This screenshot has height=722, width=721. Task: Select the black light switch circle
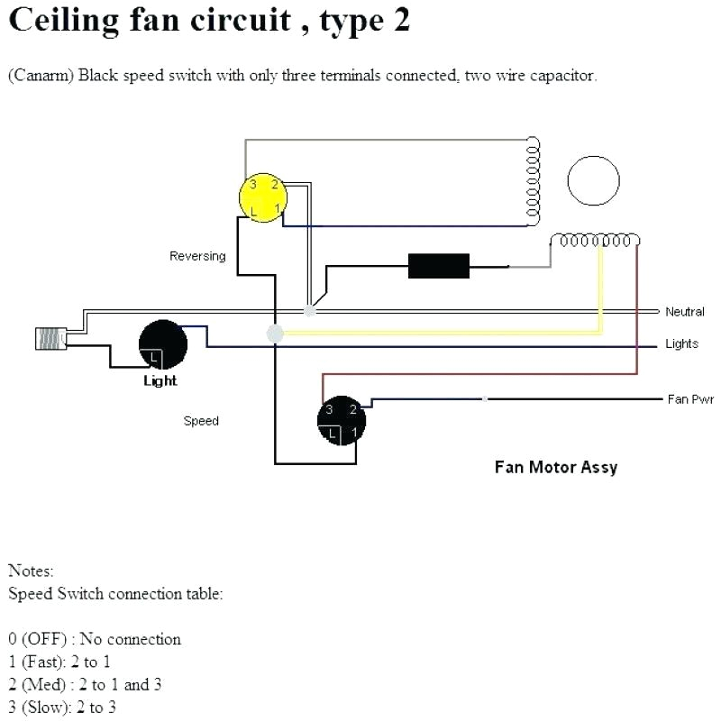163,344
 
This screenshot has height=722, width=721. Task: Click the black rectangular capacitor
439,266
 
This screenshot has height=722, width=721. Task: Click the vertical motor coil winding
534,180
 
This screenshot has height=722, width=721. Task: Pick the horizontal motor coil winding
596,241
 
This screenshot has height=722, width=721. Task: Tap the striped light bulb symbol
50,337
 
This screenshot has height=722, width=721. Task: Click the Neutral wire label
684,312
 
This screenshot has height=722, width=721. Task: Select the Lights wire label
681,344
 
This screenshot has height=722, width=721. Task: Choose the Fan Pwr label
689,399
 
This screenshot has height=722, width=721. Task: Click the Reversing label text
197,256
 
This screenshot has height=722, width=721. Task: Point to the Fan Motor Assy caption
555,467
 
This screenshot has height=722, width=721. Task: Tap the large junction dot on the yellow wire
276,334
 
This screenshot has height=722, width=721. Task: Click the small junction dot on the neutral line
310,311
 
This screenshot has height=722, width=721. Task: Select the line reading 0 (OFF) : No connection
95,639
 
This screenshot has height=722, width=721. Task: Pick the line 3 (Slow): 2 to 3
62,708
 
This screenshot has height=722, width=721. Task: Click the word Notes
31,571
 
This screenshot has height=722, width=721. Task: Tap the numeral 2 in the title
400,20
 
